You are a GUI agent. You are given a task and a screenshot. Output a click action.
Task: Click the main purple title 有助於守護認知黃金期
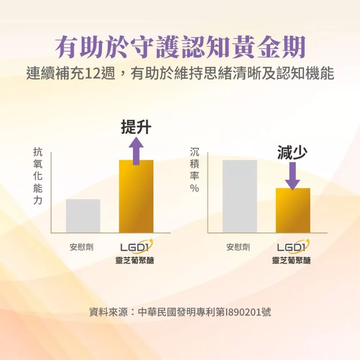point(180,47)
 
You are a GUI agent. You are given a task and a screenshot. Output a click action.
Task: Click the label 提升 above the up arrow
point(136,127)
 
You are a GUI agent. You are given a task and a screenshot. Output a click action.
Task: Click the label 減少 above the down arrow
point(292,153)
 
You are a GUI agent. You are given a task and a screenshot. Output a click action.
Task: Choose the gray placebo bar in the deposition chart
point(239,196)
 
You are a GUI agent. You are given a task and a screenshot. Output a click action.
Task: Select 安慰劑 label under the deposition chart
point(238,247)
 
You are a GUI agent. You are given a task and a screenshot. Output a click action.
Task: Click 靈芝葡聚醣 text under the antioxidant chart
point(135,260)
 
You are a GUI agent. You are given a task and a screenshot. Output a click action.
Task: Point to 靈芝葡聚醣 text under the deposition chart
point(291,260)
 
